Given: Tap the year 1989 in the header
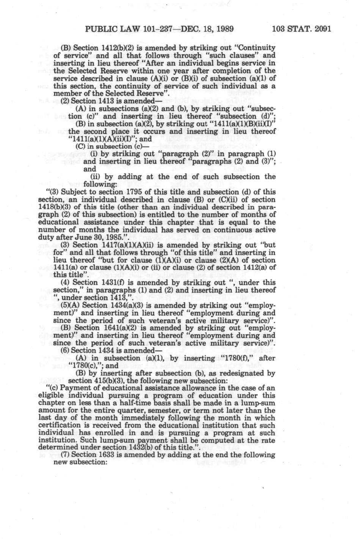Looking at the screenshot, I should [223, 29].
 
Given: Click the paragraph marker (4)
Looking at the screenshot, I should [65, 283].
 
